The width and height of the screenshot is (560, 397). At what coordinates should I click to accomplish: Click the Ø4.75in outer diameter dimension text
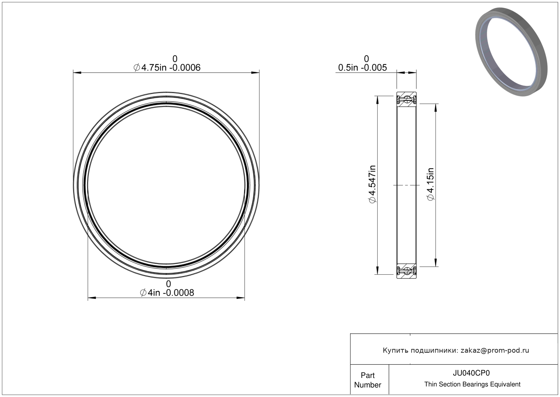point(167,67)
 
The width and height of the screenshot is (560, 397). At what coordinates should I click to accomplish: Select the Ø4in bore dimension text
point(167,293)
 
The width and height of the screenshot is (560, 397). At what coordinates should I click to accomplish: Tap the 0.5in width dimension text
point(362,67)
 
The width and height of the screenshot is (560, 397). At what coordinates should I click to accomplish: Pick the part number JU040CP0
point(471,373)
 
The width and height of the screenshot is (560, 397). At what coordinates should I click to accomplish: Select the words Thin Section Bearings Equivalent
point(472,384)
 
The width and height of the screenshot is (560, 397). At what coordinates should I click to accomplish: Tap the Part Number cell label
point(368,380)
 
